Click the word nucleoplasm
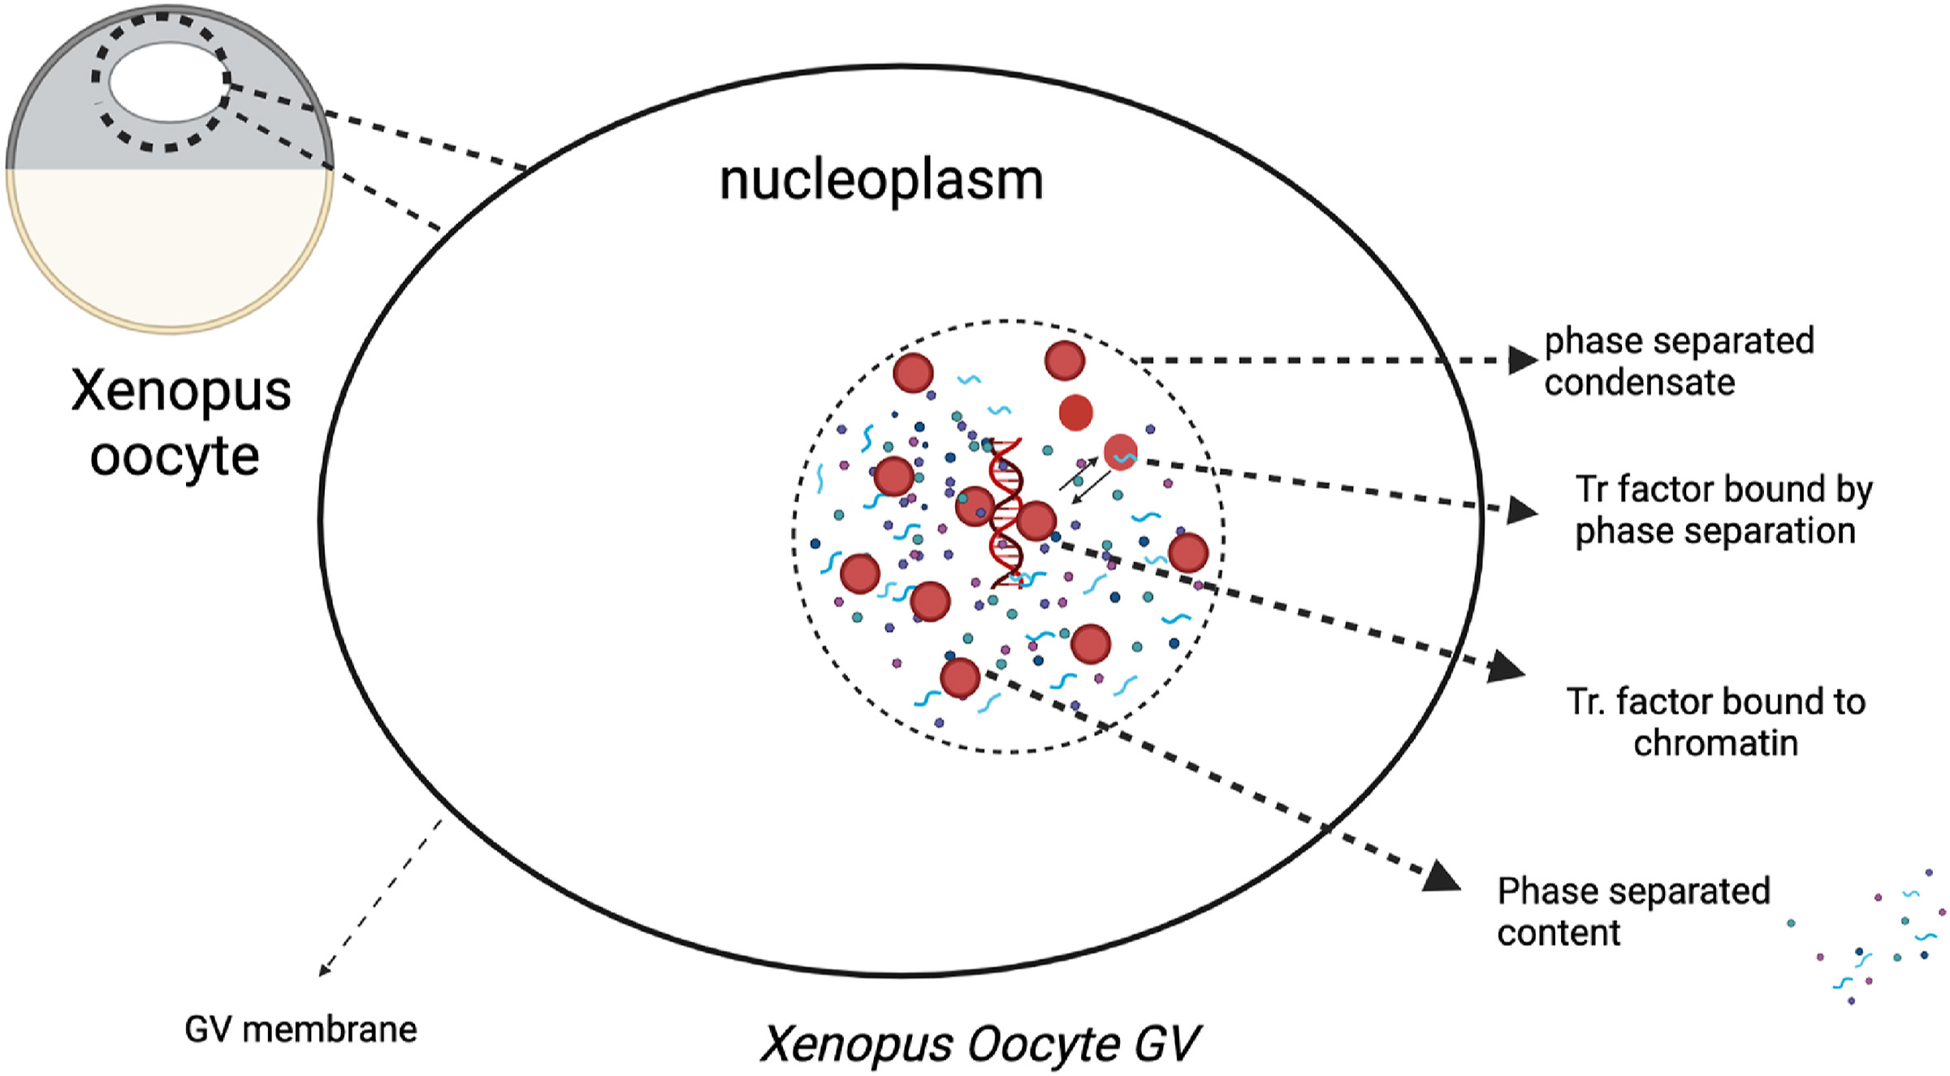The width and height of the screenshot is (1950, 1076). (881, 180)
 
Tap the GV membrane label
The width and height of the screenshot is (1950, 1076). (300, 1030)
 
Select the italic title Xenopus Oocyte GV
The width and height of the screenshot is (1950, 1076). (979, 1044)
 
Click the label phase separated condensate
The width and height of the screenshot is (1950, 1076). (1678, 361)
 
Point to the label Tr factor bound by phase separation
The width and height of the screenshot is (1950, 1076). (1723, 510)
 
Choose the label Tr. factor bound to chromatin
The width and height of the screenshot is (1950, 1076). (1715, 722)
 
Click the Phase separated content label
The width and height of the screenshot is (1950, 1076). (1632, 911)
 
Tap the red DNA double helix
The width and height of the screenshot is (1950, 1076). (1006, 512)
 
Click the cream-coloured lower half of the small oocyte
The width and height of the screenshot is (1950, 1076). (169, 244)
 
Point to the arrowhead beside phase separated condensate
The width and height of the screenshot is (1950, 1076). (1523, 360)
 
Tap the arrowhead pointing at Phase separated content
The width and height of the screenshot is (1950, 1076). (1442, 878)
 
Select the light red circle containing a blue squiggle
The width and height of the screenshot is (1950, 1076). (1121, 452)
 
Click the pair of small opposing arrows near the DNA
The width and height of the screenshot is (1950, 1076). (1084, 479)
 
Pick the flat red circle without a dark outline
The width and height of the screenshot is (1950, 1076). (1076, 413)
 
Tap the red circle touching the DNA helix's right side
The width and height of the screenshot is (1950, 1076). (1036, 521)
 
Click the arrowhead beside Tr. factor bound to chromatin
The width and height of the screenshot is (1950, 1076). (1507, 668)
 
